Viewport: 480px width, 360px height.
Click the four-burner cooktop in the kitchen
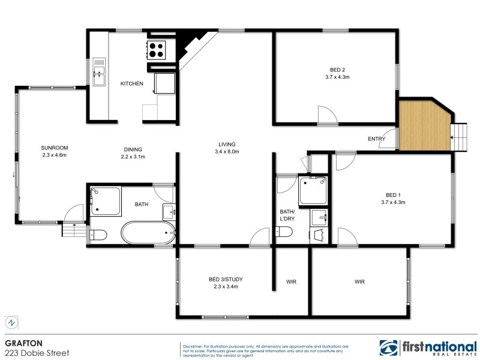click(157, 50)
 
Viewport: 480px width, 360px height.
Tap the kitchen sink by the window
click(99, 71)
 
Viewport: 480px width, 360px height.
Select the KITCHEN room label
click(132, 83)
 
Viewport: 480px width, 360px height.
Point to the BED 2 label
click(336, 68)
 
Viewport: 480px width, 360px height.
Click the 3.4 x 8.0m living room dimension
click(227, 152)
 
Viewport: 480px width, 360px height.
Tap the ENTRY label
click(376, 139)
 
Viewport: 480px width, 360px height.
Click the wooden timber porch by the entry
click(424, 126)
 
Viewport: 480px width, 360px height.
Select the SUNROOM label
click(54, 148)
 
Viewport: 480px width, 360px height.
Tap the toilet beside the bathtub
click(98, 234)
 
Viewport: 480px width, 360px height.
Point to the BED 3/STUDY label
click(226, 279)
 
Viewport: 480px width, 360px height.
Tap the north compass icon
click(11, 322)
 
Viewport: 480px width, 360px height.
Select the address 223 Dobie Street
click(37, 353)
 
